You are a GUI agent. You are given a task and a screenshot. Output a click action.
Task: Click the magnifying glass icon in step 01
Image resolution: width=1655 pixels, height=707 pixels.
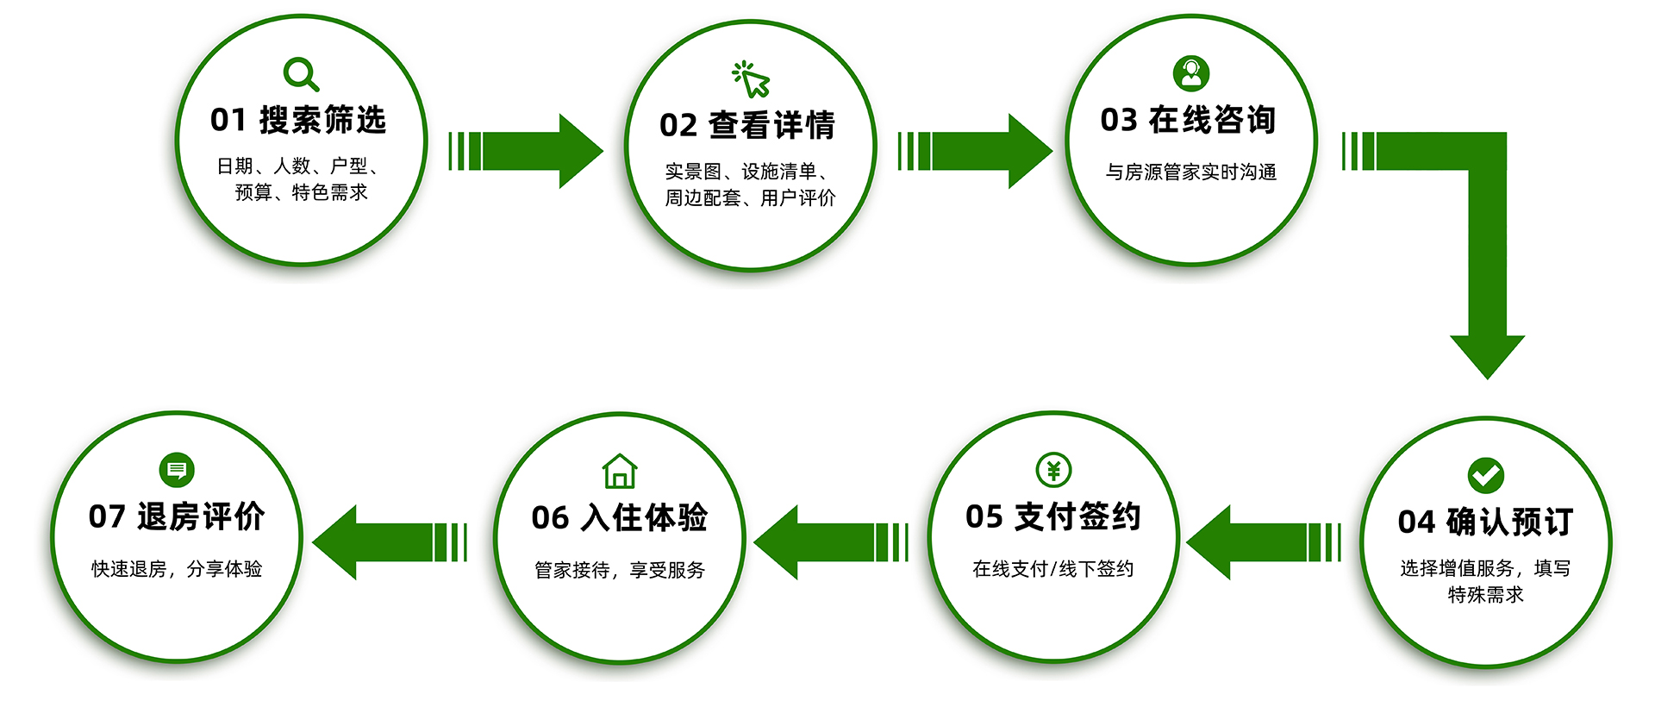pyautogui.click(x=300, y=73)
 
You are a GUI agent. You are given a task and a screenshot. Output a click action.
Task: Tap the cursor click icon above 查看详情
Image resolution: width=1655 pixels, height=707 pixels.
pyautogui.click(x=751, y=78)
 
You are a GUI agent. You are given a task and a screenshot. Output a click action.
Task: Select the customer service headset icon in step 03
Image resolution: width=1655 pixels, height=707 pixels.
pyautogui.click(x=1191, y=73)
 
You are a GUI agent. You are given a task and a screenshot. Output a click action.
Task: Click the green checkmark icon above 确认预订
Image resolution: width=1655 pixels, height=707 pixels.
pyautogui.click(x=1485, y=474)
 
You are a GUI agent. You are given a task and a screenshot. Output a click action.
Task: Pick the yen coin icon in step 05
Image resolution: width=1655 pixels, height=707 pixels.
pyautogui.click(x=1053, y=470)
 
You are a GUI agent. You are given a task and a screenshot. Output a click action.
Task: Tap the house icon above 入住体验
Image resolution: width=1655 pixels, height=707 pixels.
pyautogui.click(x=620, y=471)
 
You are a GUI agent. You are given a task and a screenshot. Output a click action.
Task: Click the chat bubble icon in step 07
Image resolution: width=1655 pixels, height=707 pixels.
pyautogui.click(x=177, y=470)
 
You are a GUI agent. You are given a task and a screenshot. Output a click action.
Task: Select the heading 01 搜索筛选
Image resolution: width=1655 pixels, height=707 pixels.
pyautogui.click(x=298, y=120)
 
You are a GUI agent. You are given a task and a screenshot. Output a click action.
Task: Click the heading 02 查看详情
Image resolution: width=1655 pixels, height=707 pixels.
pyautogui.click(x=747, y=125)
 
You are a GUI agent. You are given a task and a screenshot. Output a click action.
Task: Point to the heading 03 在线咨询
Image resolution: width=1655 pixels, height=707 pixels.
pyautogui.click(x=1189, y=120)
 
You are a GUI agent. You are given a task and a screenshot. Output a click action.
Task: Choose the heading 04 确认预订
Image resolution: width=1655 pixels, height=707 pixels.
pyautogui.click(x=1485, y=522)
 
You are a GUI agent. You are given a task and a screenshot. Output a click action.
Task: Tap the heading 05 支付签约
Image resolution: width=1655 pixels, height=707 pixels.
pyautogui.click(x=1052, y=516)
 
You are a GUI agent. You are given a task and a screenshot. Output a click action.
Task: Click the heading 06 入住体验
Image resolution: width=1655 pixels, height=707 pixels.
pyautogui.click(x=619, y=517)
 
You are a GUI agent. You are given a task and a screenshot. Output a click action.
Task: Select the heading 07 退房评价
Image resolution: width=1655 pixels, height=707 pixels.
pyautogui.click(x=176, y=516)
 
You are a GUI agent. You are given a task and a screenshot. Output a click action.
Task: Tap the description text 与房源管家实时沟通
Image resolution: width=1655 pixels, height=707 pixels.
pyautogui.click(x=1190, y=172)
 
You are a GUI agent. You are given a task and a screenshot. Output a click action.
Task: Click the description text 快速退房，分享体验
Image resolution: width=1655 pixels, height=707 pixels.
pyautogui.click(x=177, y=569)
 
